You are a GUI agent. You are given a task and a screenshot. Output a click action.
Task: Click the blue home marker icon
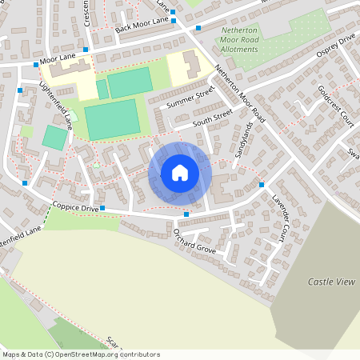coord(180,173)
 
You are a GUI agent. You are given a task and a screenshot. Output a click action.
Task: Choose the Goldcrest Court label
coord(335,102)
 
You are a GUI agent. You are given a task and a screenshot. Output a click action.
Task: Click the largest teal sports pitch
coord(111,118)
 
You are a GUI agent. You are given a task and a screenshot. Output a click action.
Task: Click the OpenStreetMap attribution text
coord(81,354)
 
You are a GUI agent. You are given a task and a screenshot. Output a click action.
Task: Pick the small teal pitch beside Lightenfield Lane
coord(54,137)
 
